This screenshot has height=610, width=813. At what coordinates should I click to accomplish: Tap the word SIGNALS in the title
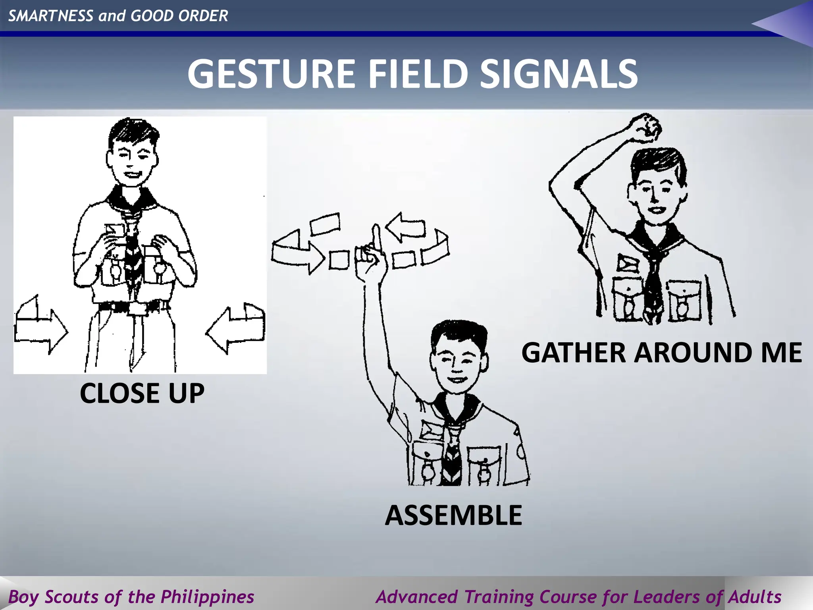559,74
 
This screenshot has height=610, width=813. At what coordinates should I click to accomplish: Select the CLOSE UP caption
142,393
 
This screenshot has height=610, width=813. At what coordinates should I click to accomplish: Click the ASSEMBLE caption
453,515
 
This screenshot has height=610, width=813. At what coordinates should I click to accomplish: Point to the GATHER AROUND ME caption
661,353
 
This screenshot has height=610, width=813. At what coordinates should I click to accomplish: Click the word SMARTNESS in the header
51,16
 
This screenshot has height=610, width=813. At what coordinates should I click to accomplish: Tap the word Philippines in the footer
207,596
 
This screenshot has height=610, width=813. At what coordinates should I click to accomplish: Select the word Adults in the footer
755,596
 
